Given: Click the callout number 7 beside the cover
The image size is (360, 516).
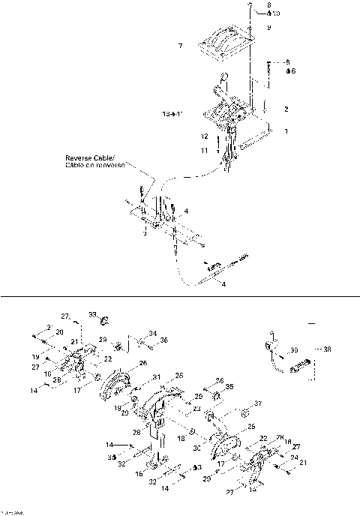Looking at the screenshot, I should (x=180, y=46).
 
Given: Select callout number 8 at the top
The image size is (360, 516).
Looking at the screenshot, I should (x=268, y=5).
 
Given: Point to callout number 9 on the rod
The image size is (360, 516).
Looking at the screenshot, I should (x=268, y=27).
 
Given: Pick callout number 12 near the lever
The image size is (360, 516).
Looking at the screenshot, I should (x=203, y=136).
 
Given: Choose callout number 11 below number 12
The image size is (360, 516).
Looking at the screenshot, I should (x=203, y=150).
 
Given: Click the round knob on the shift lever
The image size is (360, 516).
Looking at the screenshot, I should (x=223, y=77).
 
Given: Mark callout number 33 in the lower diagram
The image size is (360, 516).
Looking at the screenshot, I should (x=93, y=313).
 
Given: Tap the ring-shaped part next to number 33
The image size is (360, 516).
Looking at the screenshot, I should (x=105, y=322).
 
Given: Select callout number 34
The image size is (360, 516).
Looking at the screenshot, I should (x=152, y=333).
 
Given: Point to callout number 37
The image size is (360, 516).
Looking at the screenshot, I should (x=259, y=403).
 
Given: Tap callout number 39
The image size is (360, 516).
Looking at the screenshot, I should (x=295, y=349).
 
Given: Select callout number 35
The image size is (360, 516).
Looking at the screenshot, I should (x=230, y=388).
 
